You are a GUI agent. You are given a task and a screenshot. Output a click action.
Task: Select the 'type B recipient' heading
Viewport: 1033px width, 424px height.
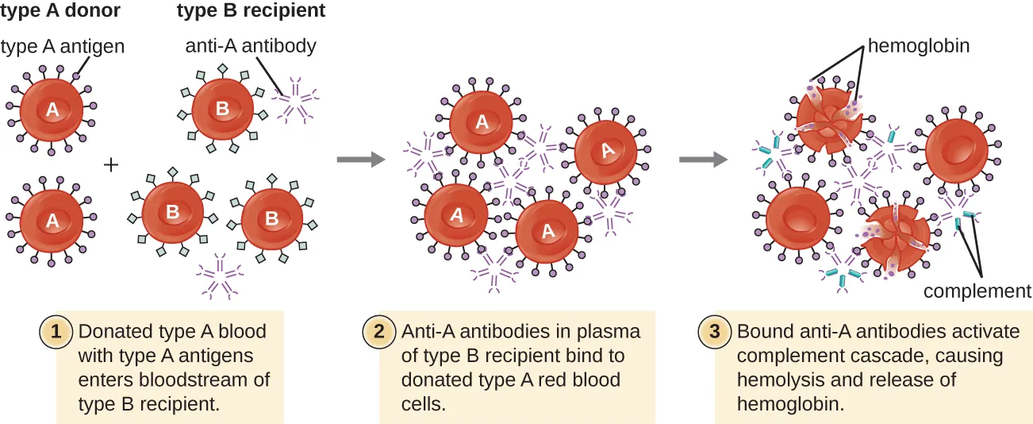[250, 12]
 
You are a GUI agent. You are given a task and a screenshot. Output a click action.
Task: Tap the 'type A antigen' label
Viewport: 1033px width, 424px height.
[63, 47]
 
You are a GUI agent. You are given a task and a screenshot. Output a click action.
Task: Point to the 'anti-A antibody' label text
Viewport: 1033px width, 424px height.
[251, 46]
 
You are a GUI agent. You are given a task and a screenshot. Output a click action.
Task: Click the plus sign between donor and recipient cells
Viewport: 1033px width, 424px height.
[112, 164]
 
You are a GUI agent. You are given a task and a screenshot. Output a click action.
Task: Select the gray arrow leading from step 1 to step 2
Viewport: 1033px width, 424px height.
[360, 160]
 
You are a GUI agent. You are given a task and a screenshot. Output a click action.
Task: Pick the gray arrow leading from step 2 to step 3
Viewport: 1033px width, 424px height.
[703, 160]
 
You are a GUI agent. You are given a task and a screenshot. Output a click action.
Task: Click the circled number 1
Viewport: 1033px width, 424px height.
[56, 332]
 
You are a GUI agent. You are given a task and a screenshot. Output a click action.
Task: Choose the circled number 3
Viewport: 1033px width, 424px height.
[714, 332]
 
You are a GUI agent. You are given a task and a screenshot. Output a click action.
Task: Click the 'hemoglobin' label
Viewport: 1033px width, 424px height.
[918, 46]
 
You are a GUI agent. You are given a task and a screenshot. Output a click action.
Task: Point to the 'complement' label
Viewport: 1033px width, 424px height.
[977, 291]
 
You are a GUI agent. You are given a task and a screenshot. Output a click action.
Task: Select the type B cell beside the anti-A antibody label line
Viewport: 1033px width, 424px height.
[222, 109]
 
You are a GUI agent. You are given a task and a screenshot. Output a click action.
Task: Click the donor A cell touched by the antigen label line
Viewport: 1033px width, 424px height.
[52, 110]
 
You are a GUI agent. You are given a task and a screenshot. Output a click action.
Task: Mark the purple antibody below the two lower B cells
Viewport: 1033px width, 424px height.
[220, 276]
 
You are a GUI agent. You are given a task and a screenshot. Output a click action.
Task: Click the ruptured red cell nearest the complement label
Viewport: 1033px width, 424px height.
[897, 237]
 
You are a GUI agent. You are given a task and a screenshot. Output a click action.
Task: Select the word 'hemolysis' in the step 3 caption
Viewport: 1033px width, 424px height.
[775, 380]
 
